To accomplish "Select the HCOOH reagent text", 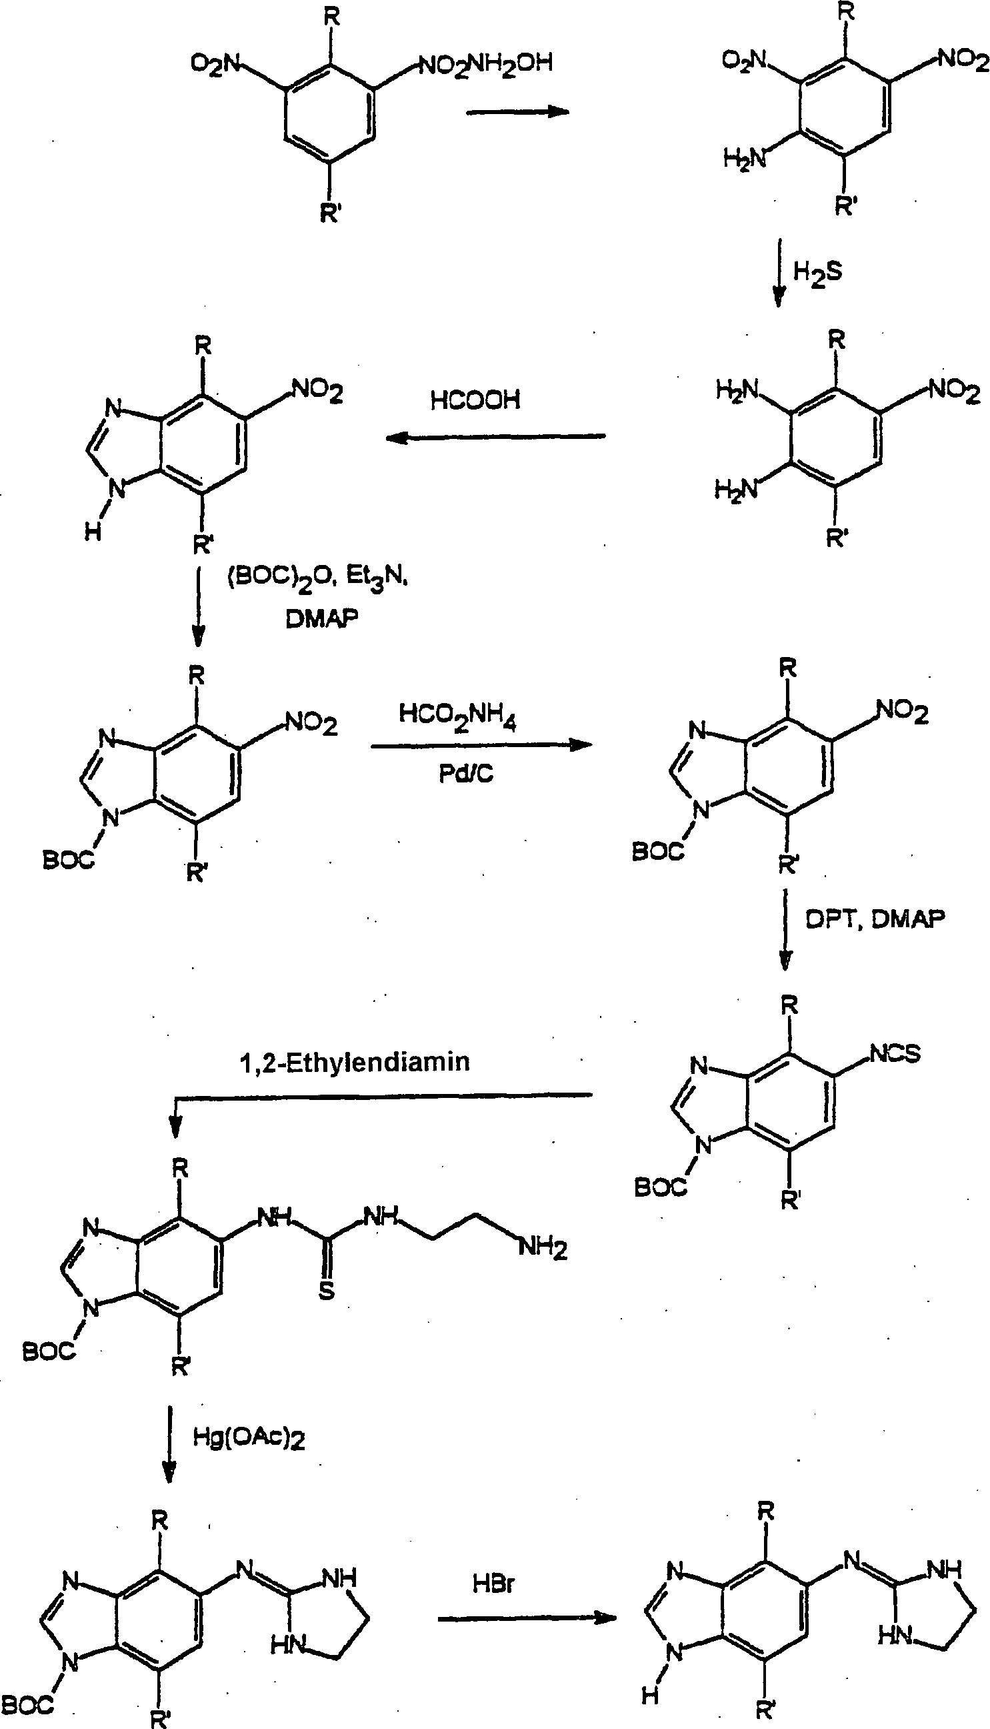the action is (x=475, y=400).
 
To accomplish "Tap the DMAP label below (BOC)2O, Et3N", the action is (x=321, y=618).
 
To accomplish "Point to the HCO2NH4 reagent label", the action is (x=457, y=716).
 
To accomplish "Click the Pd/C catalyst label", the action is (x=466, y=773).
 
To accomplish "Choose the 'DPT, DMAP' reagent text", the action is (x=875, y=919).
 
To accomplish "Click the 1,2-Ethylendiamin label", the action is (x=354, y=1062).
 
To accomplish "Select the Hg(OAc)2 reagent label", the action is (x=249, y=1437).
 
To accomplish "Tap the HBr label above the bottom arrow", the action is (x=493, y=1584).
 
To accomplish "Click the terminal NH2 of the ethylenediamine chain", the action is (x=543, y=1248).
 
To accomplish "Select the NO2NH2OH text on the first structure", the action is (x=485, y=65).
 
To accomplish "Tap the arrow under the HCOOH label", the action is (x=495, y=437).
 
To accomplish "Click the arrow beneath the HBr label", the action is (x=526, y=1618).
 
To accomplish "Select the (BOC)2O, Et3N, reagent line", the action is (x=317, y=578).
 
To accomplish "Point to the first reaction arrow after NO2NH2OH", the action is (x=517, y=111).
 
